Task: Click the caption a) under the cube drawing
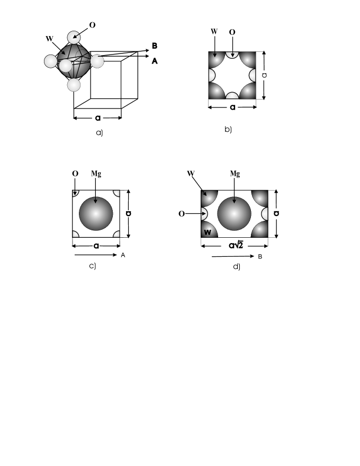(x=99, y=133)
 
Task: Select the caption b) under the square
(x=228, y=129)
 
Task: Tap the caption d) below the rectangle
(x=237, y=266)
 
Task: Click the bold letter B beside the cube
(x=155, y=46)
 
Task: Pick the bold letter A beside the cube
(x=155, y=61)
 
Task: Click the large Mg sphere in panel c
(x=96, y=213)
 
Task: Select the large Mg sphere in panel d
(x=234, y=214)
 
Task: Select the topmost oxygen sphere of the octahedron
(x=74, y=38)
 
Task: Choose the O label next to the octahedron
(x=92, y=25)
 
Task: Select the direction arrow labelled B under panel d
(x=233, y=257)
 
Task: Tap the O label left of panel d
(x=183, y=214)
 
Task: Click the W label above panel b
(x=214, y=31)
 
